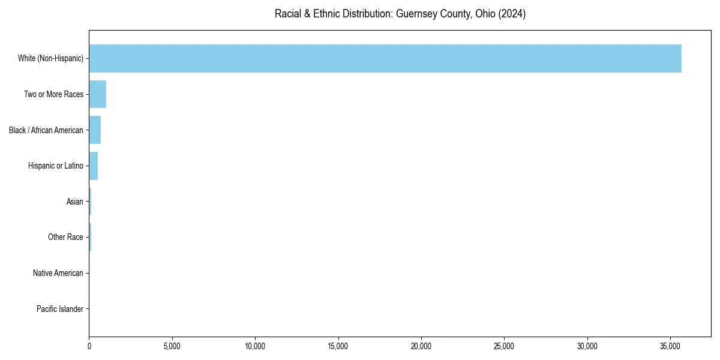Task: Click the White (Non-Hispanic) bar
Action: [385, 58]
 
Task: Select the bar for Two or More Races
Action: [98, 94]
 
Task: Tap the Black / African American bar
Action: [95, 130]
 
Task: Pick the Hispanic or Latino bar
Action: [94, 166]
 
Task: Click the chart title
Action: [400, 14]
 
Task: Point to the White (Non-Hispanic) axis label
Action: [50, 58]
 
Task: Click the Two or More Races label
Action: [53, 94]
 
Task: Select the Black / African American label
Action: [46, 130]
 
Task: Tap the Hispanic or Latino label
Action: [56, 166]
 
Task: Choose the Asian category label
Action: [75, 202]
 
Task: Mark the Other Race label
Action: [65, 238]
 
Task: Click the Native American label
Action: [58, 273]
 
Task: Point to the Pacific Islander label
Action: [60, 309]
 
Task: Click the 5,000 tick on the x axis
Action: [172, 346]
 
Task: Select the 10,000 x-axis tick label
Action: [255, 346]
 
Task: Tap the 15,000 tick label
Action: [338, 346]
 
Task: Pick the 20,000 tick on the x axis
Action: [421, 346]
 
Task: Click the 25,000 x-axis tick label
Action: [504, 346]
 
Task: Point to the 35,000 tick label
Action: [670, 346]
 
